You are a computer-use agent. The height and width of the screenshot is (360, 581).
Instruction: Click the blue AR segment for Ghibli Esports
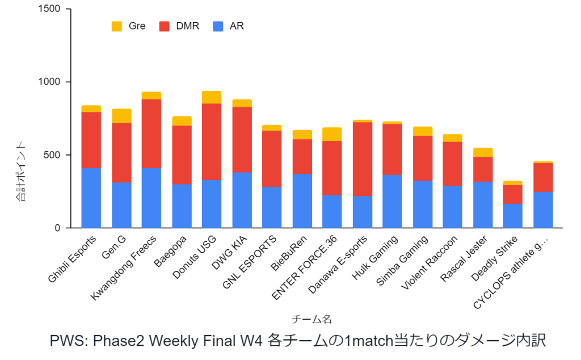[91, 198]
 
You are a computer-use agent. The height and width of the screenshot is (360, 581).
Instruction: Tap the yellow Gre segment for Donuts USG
[212, 97]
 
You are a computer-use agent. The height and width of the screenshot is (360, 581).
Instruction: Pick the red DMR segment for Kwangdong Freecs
[151, 133]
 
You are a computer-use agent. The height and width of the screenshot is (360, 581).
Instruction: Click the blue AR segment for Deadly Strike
[513, 216]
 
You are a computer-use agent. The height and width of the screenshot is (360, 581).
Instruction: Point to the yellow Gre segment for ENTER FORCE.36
[332, 134]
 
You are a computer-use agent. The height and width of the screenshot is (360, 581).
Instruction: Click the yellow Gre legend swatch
[117, 26]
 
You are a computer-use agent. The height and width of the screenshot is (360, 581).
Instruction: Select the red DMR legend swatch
[165, 26]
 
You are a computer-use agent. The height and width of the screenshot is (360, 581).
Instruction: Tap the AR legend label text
[237, 26]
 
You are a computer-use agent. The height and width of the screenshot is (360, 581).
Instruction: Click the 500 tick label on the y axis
[54, 155]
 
